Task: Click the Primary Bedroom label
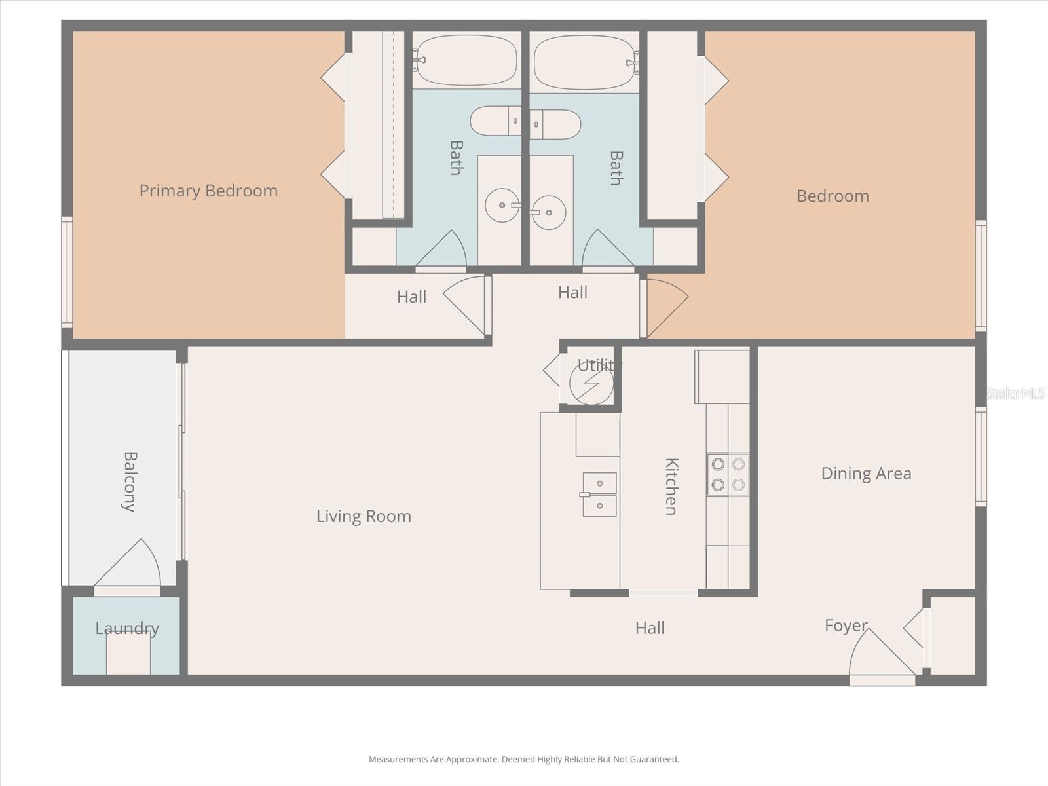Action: point(208,191)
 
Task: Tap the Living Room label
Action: point(364,516)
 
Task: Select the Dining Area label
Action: point(866,474)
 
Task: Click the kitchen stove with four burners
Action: point(728,474)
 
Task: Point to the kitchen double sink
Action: point(599,495)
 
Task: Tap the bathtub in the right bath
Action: point(584,62)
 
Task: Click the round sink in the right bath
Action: point(548,212)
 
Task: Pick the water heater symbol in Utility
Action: point(591,383)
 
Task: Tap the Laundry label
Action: point(127,629)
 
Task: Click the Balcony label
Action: point(130,481)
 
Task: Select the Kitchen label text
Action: point(671,486)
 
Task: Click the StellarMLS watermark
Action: point(1016,393)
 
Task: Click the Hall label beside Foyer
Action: point(650,628)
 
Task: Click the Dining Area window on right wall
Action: point(981,457)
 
